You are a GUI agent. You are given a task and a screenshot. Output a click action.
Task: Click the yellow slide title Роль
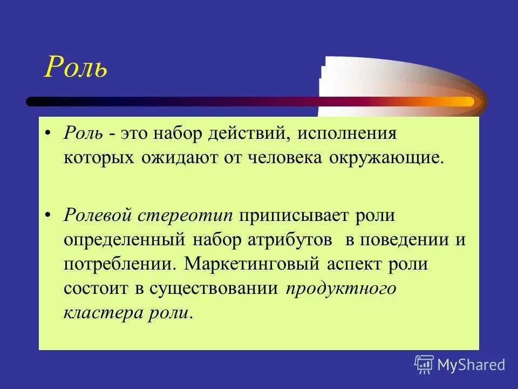[76, 68]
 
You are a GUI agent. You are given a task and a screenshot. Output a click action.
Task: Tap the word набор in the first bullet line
[177, 133]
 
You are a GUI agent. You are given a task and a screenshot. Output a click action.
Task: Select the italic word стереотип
[186, 215]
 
